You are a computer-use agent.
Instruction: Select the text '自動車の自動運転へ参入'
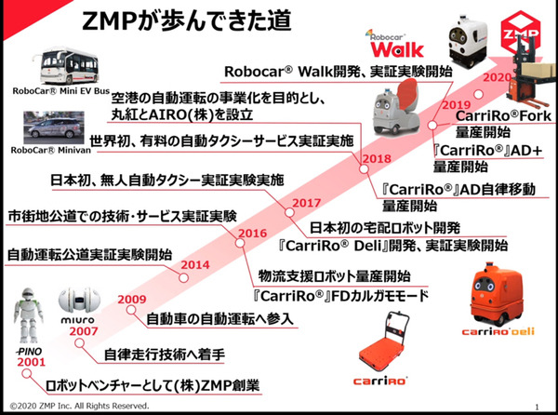(220, 319)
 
